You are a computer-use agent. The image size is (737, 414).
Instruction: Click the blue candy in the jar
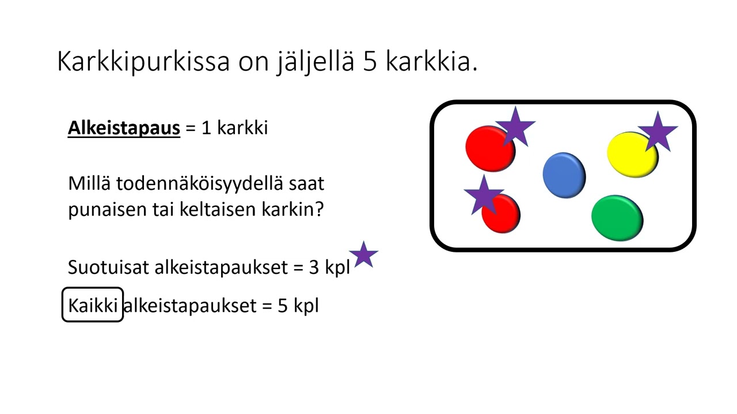tap(564, 175)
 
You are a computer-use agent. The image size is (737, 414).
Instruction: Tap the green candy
tap(617, 217)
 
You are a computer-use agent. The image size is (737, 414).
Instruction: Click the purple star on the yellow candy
tap(658, 132)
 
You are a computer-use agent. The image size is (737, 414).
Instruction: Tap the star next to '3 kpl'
tap(363, 255)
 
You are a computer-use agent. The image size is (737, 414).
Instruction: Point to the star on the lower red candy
tap(483, 194)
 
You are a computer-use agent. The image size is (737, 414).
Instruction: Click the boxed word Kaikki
tap(93, 305)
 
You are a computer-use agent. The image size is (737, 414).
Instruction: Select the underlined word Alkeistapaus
tap(124, 128)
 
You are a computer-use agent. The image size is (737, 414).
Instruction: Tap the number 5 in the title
tap(370, 62)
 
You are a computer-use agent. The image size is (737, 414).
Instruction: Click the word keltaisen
tap(211, 210)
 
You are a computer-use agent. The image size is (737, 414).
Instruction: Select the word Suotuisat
tap(108, 267)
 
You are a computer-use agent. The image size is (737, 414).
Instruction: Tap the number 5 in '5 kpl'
tap(283, 305)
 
